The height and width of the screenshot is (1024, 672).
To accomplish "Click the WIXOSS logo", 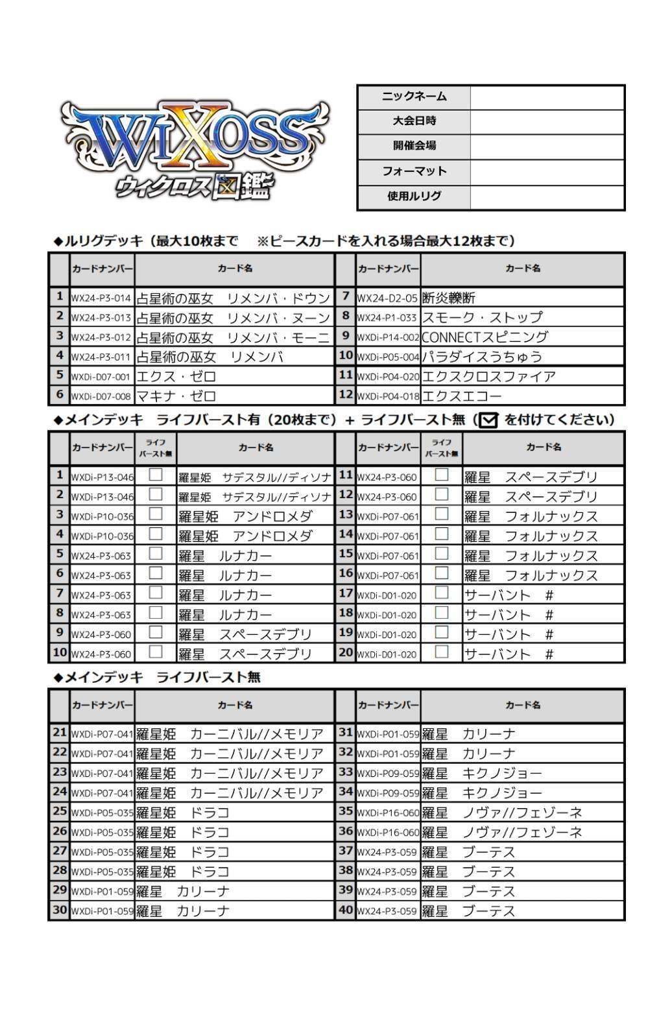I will [195, 149].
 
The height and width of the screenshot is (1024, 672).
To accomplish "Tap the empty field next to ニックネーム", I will [547, 97].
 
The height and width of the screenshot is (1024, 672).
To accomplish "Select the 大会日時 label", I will [414, 121].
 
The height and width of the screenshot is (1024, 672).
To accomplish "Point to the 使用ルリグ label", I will [414, 196].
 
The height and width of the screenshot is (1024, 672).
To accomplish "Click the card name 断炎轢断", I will [449, 298].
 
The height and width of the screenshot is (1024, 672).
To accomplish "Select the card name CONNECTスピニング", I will [485, 337].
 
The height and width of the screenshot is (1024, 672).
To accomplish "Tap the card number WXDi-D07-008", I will [101, 396].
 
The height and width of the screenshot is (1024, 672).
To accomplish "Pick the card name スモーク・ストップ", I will [482, 318].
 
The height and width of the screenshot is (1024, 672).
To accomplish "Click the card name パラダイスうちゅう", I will [482, 357].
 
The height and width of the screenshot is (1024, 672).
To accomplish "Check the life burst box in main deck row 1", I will [156, 475].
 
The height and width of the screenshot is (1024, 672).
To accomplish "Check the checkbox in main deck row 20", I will [442, 652].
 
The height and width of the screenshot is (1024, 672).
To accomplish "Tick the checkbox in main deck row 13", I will [442, 514].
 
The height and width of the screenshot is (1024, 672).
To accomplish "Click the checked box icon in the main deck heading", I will [488, 421].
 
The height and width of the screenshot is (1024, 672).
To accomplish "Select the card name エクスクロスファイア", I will [488, 377].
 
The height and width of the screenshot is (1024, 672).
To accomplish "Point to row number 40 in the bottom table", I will [346, 910].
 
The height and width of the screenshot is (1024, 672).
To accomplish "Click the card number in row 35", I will [388, 813].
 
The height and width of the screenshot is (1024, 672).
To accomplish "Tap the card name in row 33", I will [482, 773].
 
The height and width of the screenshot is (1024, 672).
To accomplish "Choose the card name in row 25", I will [183, 813].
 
